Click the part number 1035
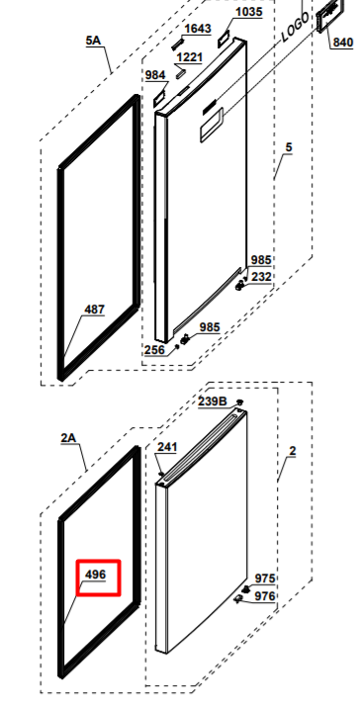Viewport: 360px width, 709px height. [x=249, y=12]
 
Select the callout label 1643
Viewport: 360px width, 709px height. [x=198, y=29]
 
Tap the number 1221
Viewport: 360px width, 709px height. [x=190, y=57]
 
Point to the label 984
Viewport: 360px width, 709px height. [x=155, y=75]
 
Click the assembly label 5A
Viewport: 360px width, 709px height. [x=93, y=41]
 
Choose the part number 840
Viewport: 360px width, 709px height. [x=343, y=43]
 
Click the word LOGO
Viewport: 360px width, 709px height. [x=296, y=27]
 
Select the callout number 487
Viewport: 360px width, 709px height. [x=95, y=310]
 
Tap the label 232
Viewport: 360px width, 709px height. [x=261, y=277]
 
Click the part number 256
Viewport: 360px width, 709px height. [x=154, y=349]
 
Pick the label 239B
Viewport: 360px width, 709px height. [x=213, y=401]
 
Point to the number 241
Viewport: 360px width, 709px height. [x=167, y=447]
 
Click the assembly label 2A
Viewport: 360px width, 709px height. [x=69, y=438]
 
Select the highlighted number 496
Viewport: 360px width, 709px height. [x=95, y=575]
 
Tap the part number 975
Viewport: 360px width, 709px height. [x=265, y=578]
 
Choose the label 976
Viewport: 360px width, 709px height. [x=265, y=596]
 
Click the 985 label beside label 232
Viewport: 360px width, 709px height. [x=261, y=260]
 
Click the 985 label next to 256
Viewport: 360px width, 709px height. [x=210, y=327]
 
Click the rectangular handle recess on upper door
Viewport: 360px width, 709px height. [x=212, y=126]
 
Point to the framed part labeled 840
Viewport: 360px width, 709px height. [x=329, y=16]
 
